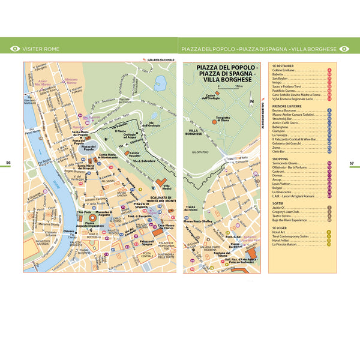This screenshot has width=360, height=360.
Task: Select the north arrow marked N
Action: [253, 101]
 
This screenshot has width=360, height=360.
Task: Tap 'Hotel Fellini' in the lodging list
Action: [282, 240]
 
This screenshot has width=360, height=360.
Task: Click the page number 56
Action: [8, 162]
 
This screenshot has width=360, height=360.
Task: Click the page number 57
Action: [352, 162]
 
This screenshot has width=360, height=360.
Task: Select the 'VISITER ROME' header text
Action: [41, 49]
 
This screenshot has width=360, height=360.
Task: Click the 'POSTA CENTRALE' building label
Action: [148, 255]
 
